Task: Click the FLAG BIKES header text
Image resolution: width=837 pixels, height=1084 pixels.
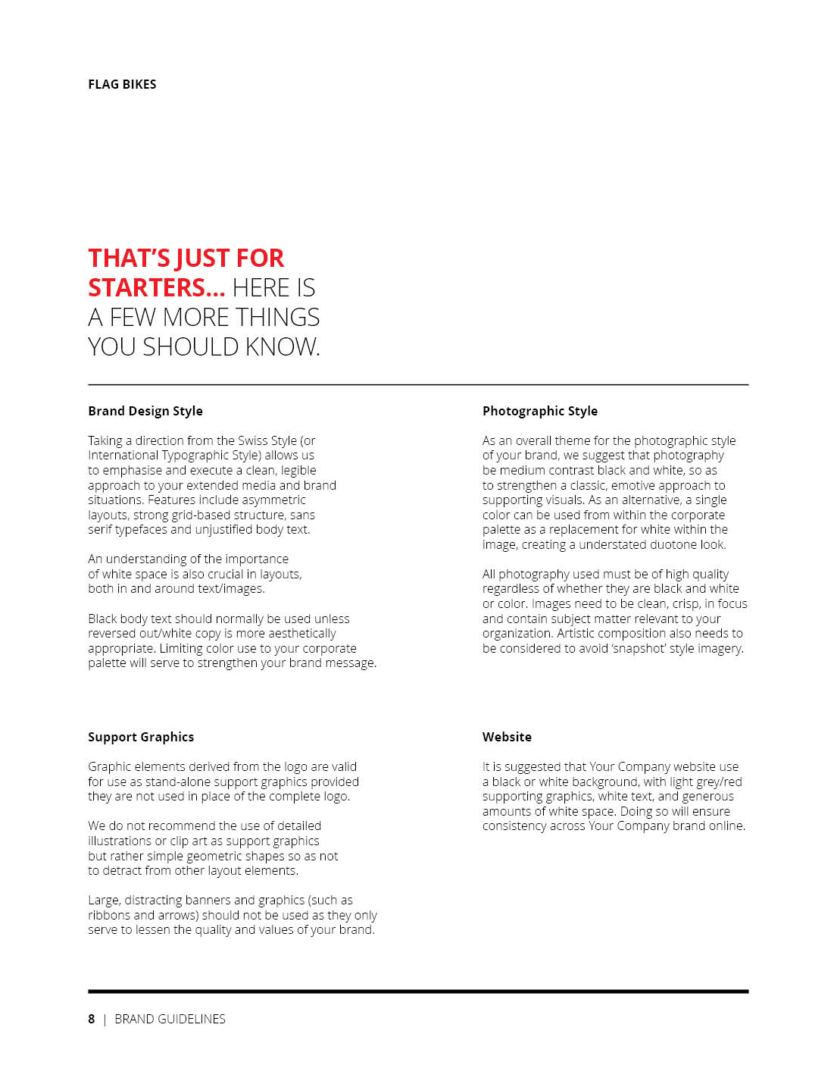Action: (122, 84)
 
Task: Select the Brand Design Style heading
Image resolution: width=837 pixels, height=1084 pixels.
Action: (145, 411)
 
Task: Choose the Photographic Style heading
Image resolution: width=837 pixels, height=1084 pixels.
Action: (540, 411)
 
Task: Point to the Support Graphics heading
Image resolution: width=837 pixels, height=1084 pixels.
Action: (141, 737)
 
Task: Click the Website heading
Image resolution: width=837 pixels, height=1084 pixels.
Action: (507, 737)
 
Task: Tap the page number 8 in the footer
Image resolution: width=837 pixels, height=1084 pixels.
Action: (92, 1019)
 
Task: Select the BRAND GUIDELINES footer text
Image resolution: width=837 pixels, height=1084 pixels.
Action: (170, 1019)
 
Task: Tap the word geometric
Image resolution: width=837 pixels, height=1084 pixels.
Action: (217, 857)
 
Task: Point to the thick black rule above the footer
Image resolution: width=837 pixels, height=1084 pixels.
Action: (418, 991)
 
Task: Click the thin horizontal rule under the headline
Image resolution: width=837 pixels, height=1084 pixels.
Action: (418, 385)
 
